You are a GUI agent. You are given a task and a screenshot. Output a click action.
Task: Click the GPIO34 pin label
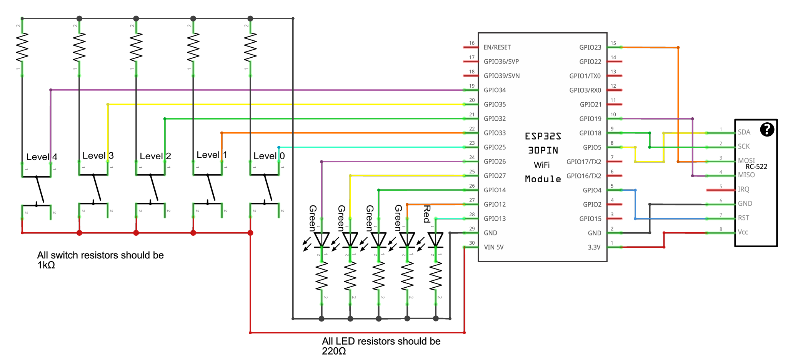point(495,90)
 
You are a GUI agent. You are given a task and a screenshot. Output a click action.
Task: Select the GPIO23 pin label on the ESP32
point(590,47)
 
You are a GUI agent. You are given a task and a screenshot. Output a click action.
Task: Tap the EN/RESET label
point(497,47)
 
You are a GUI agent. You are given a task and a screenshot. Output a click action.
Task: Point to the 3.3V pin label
point(594,247)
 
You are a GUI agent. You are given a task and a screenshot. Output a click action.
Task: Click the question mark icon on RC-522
point(767,130)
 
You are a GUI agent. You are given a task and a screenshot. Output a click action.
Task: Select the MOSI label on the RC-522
point(746,160)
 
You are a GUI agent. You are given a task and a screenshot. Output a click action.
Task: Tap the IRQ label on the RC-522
point(743,189)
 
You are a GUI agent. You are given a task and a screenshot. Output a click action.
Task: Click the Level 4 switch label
point(42,157)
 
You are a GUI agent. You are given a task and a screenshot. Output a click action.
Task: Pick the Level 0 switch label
point(269,156)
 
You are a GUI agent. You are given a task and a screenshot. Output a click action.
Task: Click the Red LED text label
point(426,214)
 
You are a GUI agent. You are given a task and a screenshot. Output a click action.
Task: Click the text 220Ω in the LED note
point(334,351)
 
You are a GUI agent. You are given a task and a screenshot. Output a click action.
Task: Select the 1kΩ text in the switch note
point(46,265)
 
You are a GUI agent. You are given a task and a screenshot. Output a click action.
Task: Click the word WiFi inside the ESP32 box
point(541,165)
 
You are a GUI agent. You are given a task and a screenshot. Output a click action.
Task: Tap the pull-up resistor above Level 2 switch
point(136,47)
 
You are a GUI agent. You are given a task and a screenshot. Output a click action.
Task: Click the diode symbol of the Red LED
point(435,240)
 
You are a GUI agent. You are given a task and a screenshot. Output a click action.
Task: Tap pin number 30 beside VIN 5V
point(472,243)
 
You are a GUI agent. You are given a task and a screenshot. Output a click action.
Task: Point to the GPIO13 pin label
point(495,218)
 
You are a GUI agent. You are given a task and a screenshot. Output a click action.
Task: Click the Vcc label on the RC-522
point(743,232)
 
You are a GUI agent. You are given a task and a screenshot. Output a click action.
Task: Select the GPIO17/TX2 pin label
point(583,162)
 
